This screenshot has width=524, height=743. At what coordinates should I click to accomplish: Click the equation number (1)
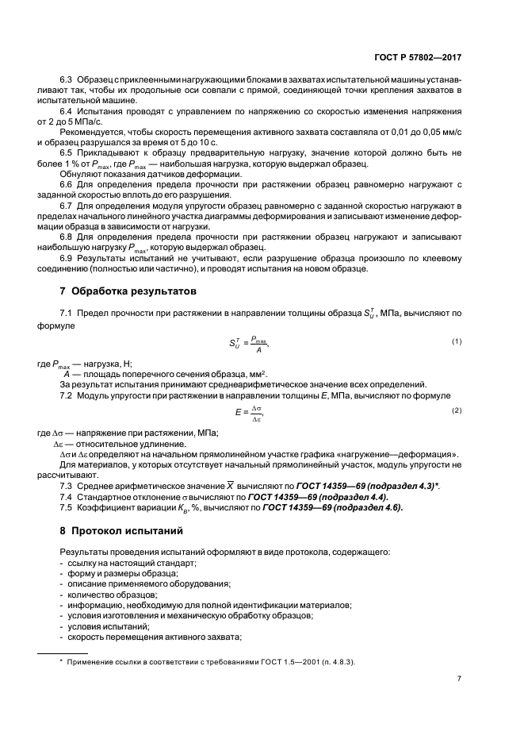(457, 341)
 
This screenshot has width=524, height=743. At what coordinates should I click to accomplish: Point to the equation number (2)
(457, 410)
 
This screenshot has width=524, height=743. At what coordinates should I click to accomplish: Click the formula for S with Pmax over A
(248, 342)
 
